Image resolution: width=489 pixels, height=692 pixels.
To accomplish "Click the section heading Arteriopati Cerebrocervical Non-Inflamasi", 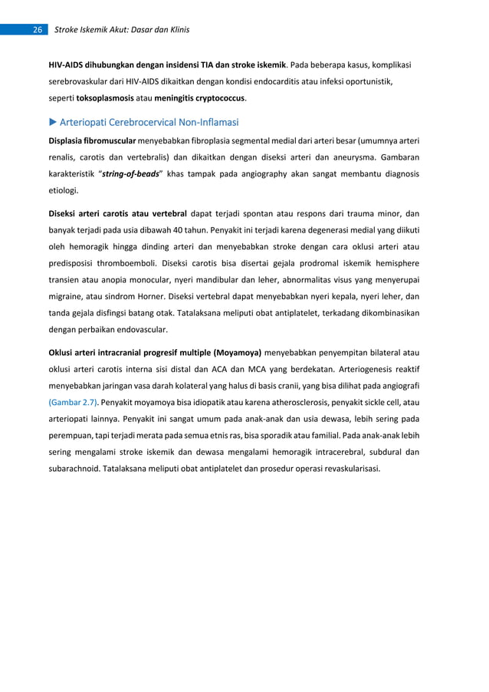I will (150, 122).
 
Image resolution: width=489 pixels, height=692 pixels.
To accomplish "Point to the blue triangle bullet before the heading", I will (53, 122).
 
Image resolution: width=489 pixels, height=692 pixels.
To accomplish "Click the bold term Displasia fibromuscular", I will (93, 140).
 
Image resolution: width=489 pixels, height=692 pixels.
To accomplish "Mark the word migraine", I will (67, 297).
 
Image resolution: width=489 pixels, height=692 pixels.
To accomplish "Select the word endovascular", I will (143, 331).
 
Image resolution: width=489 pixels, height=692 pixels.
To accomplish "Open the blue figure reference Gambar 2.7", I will (74, 401).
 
